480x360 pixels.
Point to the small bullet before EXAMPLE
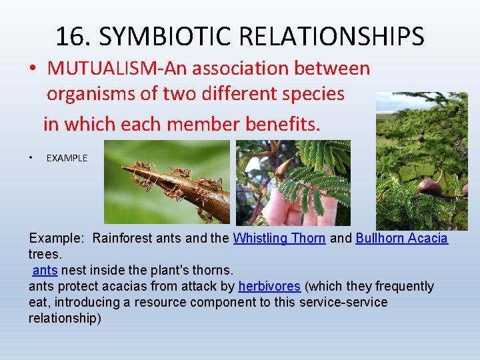(x=31, y=158)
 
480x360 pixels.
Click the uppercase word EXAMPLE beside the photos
(x=67, y=158)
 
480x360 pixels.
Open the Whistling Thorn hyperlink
(x=279, y=238)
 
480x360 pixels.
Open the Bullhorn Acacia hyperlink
(x=401, y=238)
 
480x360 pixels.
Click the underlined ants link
(x=45, y=270)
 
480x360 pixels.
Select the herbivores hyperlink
(x=269, y=286)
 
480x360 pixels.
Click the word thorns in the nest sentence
(x=213, y=270)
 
